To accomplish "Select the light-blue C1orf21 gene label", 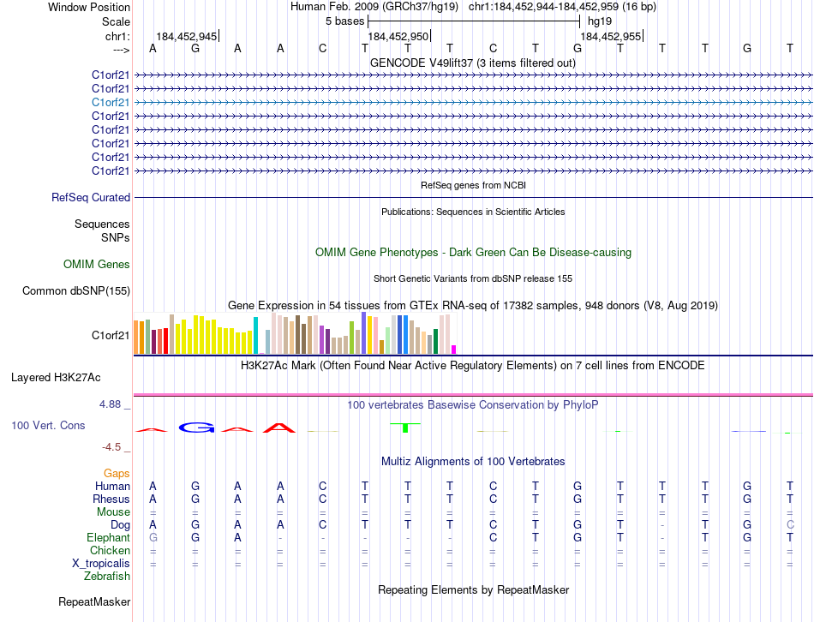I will [x=111, y=102].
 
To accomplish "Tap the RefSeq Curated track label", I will [x=91, y=197].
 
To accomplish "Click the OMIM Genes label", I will [x=97, y=265].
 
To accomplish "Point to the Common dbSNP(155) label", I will [x=76, y=290].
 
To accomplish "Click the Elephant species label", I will [x=108, y=537].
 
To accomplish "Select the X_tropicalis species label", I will [x=101, y=563].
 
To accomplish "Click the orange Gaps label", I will [x=117, y=473].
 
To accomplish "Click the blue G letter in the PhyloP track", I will [x=195, y=428].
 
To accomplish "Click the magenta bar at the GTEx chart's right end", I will [x=453, y=349].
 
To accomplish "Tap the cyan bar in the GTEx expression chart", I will [x=255, y=335].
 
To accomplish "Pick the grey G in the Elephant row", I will [x=153, y=537].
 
